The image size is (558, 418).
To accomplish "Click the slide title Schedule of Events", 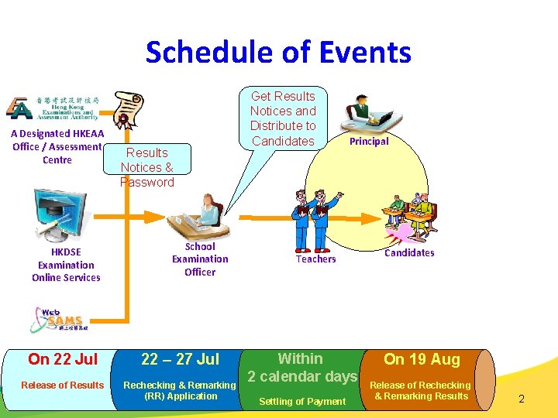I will click(278, 53).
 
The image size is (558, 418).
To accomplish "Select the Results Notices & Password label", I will click(146, 167).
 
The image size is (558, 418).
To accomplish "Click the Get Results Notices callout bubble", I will click(283, 118).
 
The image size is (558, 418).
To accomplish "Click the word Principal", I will click(369, 142).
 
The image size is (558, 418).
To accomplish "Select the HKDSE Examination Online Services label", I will click(66, 265).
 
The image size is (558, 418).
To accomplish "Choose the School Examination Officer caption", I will click(200, 259).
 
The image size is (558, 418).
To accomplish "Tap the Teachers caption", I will click(315, 259).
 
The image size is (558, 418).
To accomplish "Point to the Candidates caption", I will click(409, 253).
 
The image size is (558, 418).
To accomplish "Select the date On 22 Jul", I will click(63, 359).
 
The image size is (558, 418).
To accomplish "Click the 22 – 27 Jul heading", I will click(180, 359).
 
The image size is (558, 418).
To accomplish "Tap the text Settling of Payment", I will click(302, 401).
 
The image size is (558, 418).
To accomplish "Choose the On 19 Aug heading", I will click(422, 359).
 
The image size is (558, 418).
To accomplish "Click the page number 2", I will click(522, 399).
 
